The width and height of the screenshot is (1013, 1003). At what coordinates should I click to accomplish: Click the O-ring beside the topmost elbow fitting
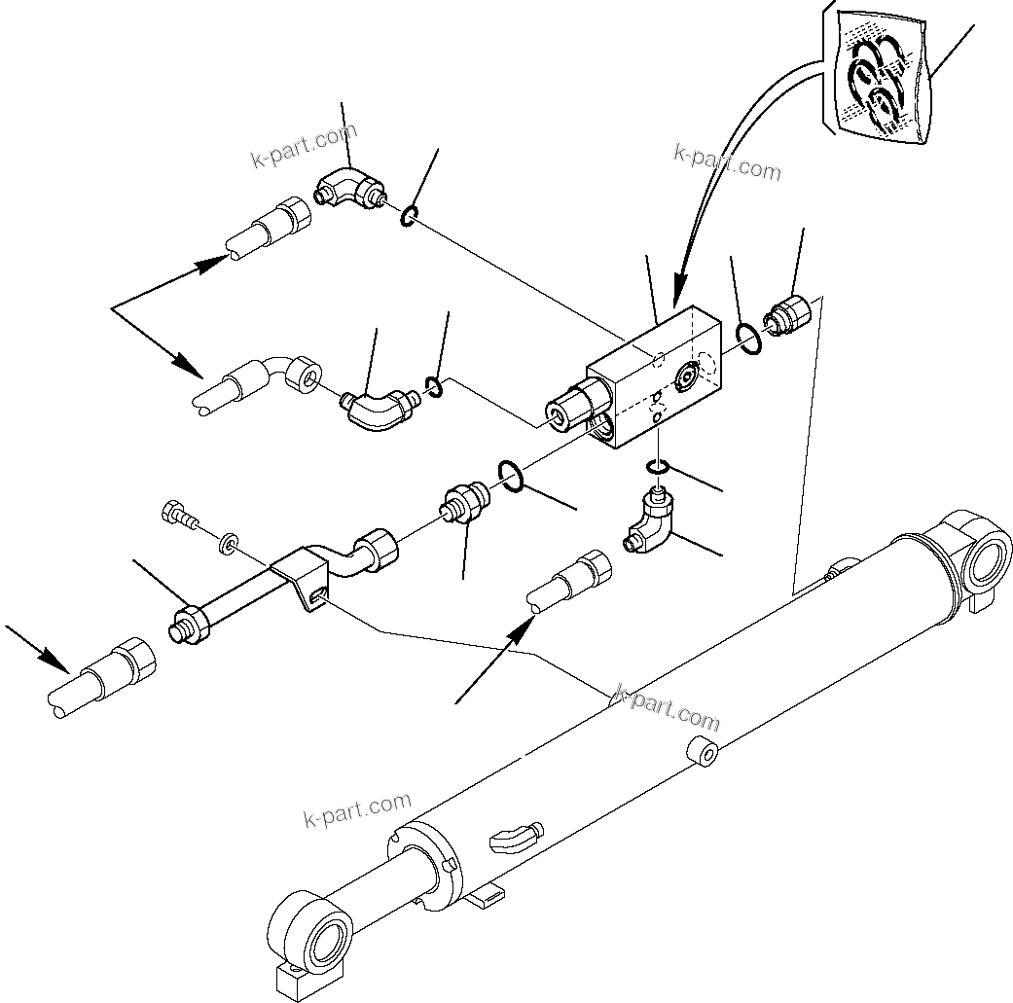pos(410,216)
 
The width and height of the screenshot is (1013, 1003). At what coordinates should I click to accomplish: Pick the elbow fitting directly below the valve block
pos(648,525)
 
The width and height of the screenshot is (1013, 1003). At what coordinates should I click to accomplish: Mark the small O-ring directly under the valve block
pos(659,470)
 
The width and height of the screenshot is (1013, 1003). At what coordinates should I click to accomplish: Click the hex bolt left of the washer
pos(178,513)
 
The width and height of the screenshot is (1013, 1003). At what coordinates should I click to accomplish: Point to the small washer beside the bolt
pos(230,540)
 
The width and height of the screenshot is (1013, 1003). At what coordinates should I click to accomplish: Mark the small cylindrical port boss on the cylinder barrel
pos(704,753)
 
